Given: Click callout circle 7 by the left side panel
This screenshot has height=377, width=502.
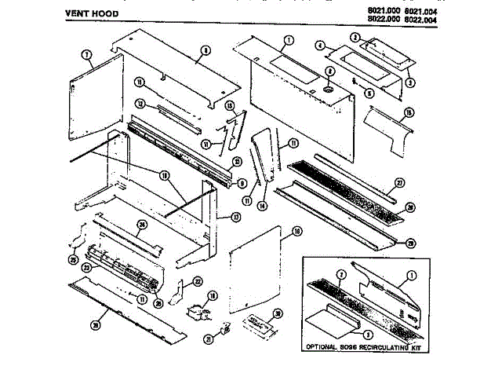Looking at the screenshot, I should click(x=86, y=54).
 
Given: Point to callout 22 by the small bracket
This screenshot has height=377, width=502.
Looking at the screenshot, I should click(x=198, y=281).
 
